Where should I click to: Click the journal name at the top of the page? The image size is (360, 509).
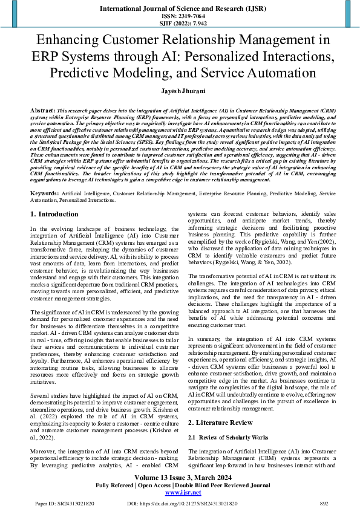[x=180, y=9]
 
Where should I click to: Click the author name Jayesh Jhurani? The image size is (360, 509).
[x=180, y=90]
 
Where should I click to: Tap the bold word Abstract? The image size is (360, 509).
[x=42, y=112]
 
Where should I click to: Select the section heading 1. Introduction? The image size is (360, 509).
[x=54, y=197]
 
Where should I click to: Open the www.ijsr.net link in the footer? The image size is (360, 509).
[x=180, y=493]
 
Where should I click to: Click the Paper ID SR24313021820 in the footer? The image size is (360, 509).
[x=65, y=503]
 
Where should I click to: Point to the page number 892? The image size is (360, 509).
[x=324, y=503]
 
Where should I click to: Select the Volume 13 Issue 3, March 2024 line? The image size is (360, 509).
[x=180, y=478]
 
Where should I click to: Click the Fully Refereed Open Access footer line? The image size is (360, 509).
[x=180, y=485]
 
